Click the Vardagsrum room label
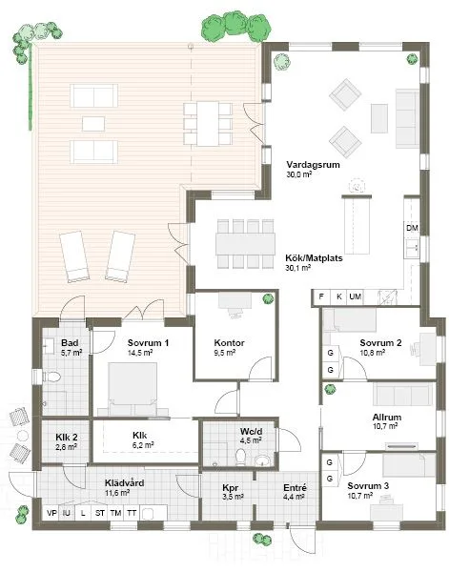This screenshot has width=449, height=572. coord(313,163)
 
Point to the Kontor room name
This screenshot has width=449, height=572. coord(230,342)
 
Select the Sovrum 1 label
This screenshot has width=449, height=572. coord(148,342)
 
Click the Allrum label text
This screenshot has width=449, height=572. coord(386,417)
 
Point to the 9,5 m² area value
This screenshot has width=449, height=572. coord(225,353)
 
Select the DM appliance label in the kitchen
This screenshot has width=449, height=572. coord(412,229)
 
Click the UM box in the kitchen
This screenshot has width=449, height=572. coord(355,297)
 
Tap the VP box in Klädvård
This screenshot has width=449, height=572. coord(51,513)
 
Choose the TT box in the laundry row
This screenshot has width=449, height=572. coord(133,513)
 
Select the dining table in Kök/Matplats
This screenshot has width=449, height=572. coord(246,242)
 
